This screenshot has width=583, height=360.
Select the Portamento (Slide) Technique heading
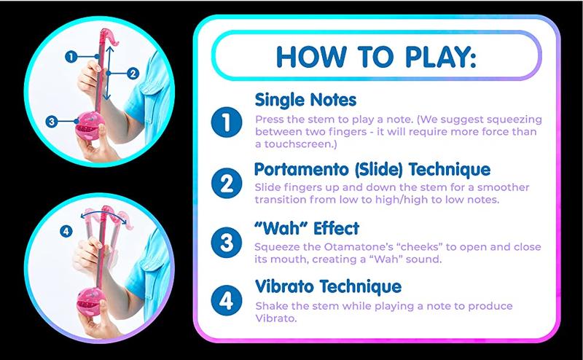(x=372, y=170)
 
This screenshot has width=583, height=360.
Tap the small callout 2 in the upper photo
(x=132, y=72)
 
